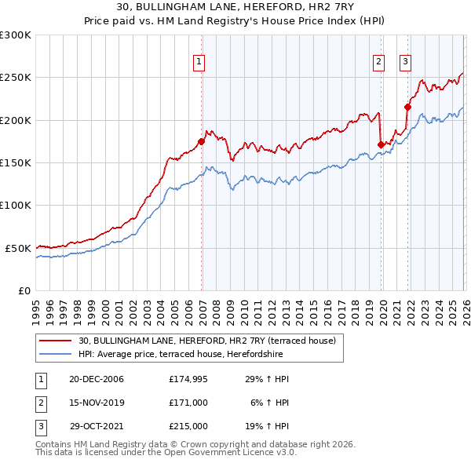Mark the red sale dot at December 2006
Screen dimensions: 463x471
(x=202, y=142)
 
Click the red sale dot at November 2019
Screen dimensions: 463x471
(x=381, y=144)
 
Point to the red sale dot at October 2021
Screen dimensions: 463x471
(x=407, y=108)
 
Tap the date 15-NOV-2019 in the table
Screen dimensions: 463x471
(x=96, y=403)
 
